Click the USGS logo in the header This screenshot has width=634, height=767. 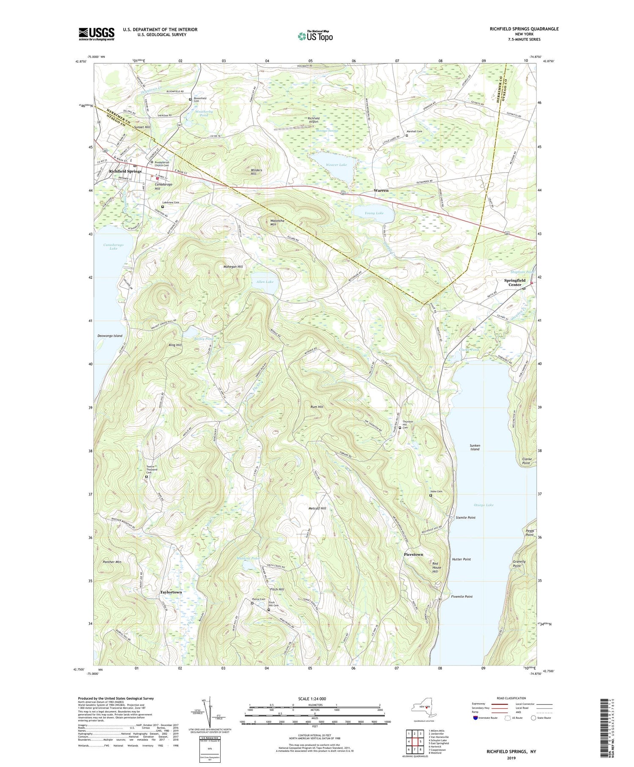point(96,34)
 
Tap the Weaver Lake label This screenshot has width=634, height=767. point(337,165)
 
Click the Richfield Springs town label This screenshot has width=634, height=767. point(125,171)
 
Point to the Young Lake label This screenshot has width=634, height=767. point(374,213)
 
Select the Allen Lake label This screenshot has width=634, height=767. point(265,282)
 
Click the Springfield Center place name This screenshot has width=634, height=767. point(514,283)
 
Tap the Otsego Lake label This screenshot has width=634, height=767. point(484,505)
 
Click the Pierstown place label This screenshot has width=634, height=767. point(413,554)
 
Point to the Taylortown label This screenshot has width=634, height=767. point(171,592)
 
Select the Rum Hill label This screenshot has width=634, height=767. point(317,407)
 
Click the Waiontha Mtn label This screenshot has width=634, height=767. point(273,222)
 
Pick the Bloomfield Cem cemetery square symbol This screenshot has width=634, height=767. point(190,100)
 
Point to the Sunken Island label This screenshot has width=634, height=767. point(475,447)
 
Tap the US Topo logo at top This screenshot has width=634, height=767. point(315,36)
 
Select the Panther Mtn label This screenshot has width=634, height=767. point(112,562)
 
